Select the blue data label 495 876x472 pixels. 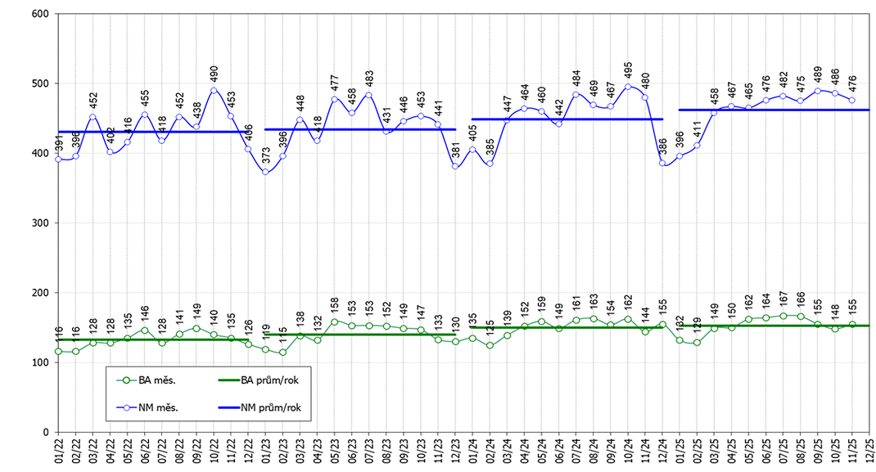pos(628,71)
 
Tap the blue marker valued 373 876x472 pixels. pos(265,172)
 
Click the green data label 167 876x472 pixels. pos(783,300)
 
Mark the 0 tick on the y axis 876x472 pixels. pos(47,432)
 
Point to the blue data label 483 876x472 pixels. pos(369,79)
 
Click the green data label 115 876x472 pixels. pos(282,337)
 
